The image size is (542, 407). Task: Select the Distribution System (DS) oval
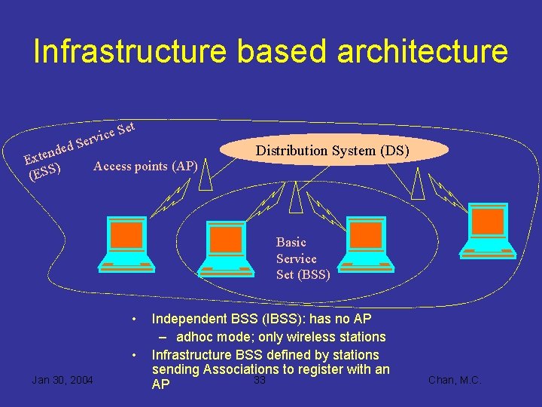pos(332,150)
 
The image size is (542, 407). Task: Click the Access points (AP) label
pos(145,166)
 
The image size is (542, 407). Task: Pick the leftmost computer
pos(126,243)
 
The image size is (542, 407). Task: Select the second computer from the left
pos(226,246)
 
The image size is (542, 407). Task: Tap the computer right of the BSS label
pos(366,243)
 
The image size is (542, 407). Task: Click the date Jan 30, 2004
pos(62,380)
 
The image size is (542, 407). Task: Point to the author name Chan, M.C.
pos(454,380)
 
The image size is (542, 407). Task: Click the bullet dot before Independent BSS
pos(134,319)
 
